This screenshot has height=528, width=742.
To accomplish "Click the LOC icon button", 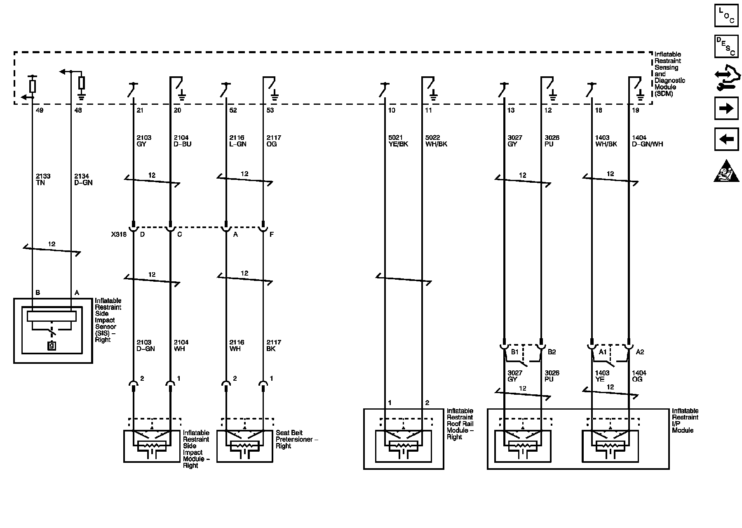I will tap(726, 16).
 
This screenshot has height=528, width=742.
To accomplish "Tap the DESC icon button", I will tap(726, 47).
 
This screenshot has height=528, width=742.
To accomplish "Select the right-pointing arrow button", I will tap(726, 108).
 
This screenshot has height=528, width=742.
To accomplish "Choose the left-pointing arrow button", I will tap(726, 139).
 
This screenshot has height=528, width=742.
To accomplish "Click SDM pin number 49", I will tap(40, 111).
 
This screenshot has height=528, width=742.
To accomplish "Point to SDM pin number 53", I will tap(270, 111).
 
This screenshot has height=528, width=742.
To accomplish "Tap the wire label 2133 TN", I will tap(43, 179).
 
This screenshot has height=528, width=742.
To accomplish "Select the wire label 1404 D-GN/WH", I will tap(647, 141).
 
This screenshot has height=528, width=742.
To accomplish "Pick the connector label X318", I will tap(118, 234).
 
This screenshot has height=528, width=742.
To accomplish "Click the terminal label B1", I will tap(515, 352).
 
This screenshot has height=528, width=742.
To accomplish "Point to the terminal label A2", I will tap(640, 352).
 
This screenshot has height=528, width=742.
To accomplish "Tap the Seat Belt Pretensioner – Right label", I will tap(296, 439).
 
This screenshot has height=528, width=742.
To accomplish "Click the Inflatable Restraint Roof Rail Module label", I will tap(460, 424).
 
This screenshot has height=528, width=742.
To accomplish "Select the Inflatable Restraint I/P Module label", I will tap(685, 420).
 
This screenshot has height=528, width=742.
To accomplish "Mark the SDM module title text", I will tap(669, 74).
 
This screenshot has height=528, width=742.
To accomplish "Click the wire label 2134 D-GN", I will tap(83, 179).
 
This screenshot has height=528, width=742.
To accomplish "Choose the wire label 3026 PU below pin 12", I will tap(552, 141).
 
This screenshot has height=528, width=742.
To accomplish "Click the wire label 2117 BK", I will tap(274, 346).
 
